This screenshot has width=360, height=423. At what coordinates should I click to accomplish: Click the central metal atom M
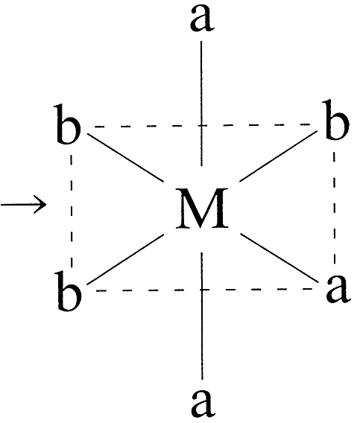(x=202, y=209)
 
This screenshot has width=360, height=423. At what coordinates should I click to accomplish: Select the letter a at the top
(x=202, y=19)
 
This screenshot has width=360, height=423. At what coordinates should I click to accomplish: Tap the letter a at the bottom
(x=203, y=403)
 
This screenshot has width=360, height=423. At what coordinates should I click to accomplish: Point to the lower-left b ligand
(x=69, y=291)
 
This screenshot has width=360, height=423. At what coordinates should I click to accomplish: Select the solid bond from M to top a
(x=201, y=104)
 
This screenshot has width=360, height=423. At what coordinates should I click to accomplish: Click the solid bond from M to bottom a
(x=202, y=317)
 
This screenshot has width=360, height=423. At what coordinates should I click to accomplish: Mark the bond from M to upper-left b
(x=126, y=157)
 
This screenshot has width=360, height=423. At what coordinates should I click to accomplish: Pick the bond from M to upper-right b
(x=279, y=156)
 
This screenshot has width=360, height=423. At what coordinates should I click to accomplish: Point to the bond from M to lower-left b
(x=125, y=259)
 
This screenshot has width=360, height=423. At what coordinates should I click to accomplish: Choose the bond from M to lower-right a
(x=280, y=258)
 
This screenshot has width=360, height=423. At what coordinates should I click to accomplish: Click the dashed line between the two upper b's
(x=202, y=125)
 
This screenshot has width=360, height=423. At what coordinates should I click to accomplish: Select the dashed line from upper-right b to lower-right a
(x=335, y=208)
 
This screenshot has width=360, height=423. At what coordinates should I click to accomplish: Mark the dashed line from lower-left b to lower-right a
(x=204, y=290)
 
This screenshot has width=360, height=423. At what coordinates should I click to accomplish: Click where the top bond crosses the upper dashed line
(x=201, y=125)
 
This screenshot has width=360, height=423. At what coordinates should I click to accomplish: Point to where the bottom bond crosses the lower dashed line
(x=202, y=290)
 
